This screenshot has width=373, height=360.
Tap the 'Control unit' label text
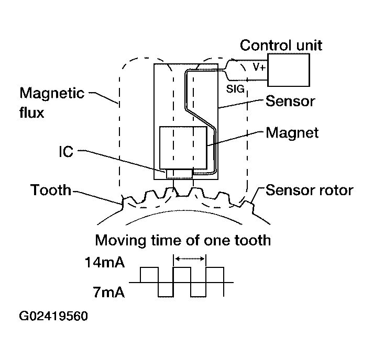pos(281,45)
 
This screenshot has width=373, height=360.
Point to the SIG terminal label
pos(235,89)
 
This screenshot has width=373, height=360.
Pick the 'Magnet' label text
pos(292,132)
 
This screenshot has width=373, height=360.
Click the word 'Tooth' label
pos(50,189)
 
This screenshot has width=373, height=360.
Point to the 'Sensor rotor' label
pos(309,189)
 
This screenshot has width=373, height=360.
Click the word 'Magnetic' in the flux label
pos(52,94)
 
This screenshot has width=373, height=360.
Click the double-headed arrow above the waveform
pos(190,258)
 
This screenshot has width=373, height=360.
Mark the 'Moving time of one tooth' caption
pos(183,241)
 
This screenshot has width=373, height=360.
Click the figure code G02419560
pos(53,317)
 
